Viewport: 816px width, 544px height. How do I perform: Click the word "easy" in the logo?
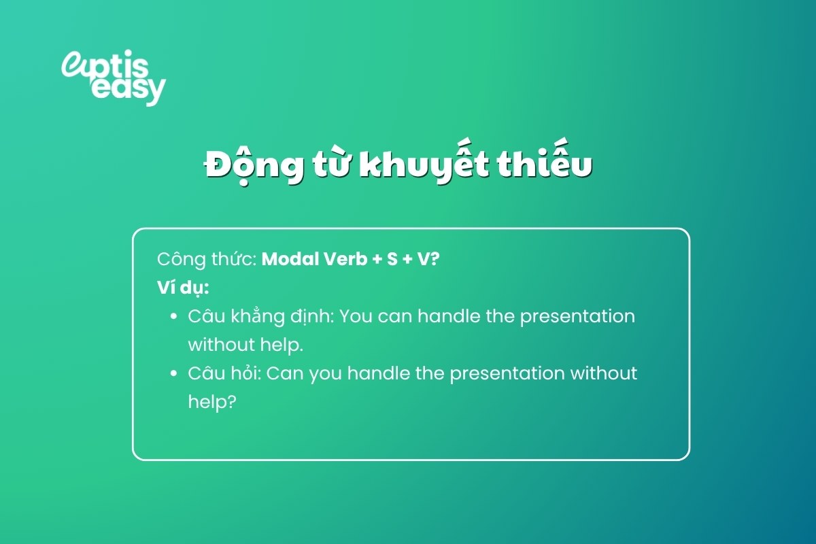[128, 89]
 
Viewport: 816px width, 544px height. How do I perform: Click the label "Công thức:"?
[206, 260]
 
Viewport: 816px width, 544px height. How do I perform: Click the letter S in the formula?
[392, 259]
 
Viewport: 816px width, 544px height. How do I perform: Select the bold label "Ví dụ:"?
[182, 288]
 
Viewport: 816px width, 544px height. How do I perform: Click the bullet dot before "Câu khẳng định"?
[173, 317]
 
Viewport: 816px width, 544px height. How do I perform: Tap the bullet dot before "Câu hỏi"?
[173, 374]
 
